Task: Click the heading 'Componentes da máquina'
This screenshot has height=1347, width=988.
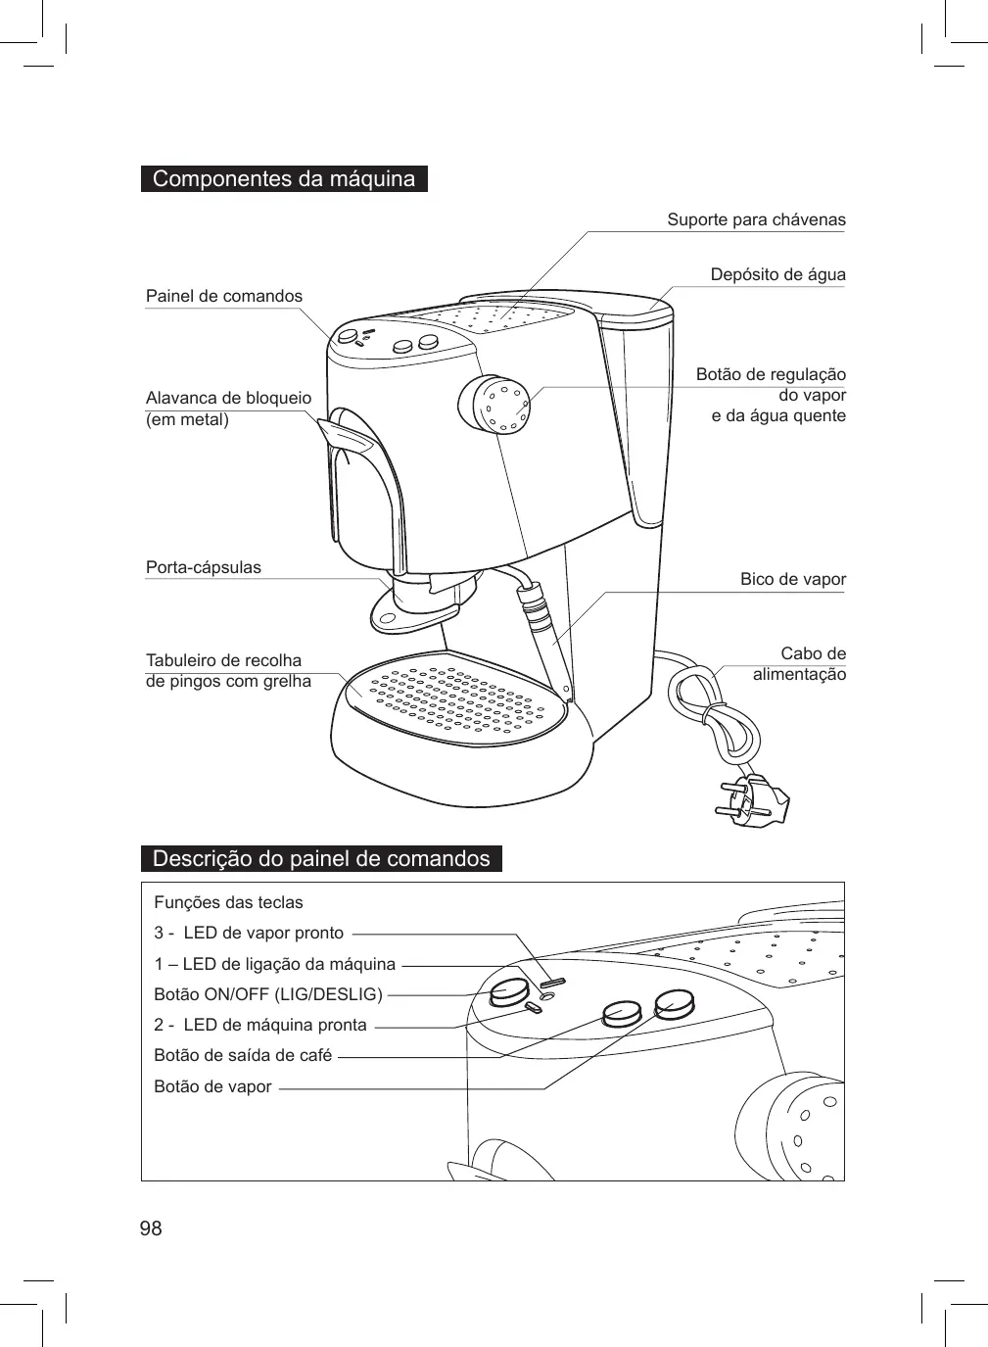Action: tap(284, 179)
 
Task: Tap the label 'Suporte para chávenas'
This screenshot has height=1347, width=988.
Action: tap(756, 219)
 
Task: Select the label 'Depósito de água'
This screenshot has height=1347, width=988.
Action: tap(777, 274)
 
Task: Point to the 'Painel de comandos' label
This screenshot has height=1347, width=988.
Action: tap(224, 296)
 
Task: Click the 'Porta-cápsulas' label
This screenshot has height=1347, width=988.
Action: tap(204, 567)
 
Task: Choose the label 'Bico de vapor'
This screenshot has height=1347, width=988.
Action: tap(792, 579)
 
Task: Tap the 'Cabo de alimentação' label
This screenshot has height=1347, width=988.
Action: tap(799, 664)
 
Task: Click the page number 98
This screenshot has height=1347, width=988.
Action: tap(151, 1228)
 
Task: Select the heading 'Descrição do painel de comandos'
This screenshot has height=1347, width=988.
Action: tap(321, 859)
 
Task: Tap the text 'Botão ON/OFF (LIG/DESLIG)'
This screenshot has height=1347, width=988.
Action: tap(268, 994)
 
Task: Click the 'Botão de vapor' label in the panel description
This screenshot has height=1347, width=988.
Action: tap(212, 1086)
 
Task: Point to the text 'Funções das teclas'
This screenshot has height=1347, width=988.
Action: tap(229, 902)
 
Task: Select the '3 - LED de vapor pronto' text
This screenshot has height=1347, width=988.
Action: tap(250, 933)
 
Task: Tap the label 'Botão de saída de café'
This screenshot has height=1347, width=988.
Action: tap(243, 1055)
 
